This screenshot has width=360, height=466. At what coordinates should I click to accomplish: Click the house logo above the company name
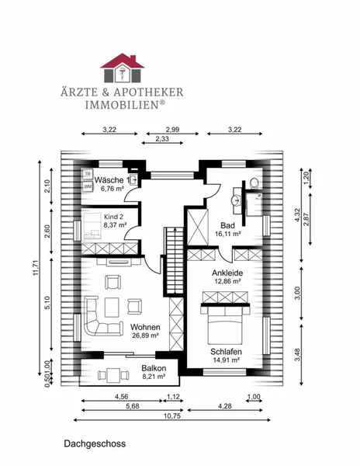[x=123, y=68]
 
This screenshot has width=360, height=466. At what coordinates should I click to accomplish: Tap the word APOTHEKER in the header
[x=148, y=92]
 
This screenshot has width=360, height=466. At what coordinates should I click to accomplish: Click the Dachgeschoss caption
[x=95, y=443]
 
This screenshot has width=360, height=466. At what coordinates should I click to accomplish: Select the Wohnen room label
[x=145, y=327]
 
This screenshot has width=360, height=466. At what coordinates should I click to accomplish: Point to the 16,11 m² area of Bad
[x=227, y=234]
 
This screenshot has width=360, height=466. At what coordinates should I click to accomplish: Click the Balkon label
[x=154, y=368]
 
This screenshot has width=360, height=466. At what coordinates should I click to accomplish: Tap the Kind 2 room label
[x=113, y=217]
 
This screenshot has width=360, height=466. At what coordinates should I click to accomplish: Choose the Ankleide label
[x=227, y=273]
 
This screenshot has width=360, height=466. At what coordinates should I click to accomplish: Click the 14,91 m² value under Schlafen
[x=226, y=360]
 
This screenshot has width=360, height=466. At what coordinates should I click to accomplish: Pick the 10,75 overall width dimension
[x=172, y=416]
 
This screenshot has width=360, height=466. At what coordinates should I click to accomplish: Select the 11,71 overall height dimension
[x=36, y=268]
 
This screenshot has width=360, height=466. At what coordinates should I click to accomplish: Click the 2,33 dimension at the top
[x=163, y=139]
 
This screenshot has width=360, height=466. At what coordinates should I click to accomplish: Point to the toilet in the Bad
[x=254, y=183]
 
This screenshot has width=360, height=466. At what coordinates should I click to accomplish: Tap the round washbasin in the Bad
[x=237, y=200]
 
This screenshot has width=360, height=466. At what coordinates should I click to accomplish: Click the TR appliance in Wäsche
[x=88, y=174]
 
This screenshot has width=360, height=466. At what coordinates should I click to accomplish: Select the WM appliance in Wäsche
[x=88, y=186]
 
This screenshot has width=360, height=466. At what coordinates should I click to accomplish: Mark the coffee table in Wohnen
[x=112, y=307]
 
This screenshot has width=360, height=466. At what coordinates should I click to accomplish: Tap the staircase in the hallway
[x=175, y=260]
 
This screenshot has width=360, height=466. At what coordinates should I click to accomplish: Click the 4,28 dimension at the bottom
[x=225, y=406]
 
